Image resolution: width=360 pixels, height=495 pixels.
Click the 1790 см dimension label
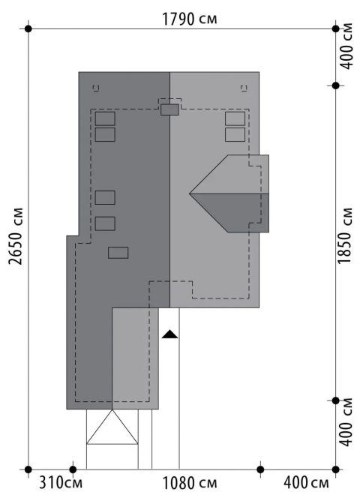(x=190, y=19)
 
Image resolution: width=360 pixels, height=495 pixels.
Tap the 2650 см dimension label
(x=16, y=236)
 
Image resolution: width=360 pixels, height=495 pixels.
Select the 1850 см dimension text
(x=345, y=235)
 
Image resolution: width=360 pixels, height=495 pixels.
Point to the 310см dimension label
(x=60, y=483)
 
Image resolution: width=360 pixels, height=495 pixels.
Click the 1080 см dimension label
(x=190, y=483)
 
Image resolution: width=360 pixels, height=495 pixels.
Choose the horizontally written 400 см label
(x=306, y=483)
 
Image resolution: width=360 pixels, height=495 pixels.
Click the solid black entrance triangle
(x=170, y=334)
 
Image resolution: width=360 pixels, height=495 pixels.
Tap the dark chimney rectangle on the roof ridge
(x=170, y=109)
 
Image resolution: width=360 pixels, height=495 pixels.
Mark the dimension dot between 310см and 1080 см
(x=73, y=469)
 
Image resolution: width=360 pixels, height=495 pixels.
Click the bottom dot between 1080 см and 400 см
(x=260, y=469)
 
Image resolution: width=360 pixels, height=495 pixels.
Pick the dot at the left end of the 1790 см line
(x=28, y=29)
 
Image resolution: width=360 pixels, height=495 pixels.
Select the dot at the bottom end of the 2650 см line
(x=28, y=469)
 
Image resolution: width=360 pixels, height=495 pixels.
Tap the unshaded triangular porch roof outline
(x=112, y=427)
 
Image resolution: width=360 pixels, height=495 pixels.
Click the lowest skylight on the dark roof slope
(x=118, y=253)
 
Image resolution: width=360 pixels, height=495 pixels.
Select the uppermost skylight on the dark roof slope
(x=105, y=118)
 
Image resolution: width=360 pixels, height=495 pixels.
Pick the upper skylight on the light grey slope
(x=235, y=118)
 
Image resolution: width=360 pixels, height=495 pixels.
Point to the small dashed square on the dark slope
(x=96, y=88)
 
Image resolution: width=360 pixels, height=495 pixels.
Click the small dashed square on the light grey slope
(x=244, y=88)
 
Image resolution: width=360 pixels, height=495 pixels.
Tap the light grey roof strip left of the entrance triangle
(x=136, y=358)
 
